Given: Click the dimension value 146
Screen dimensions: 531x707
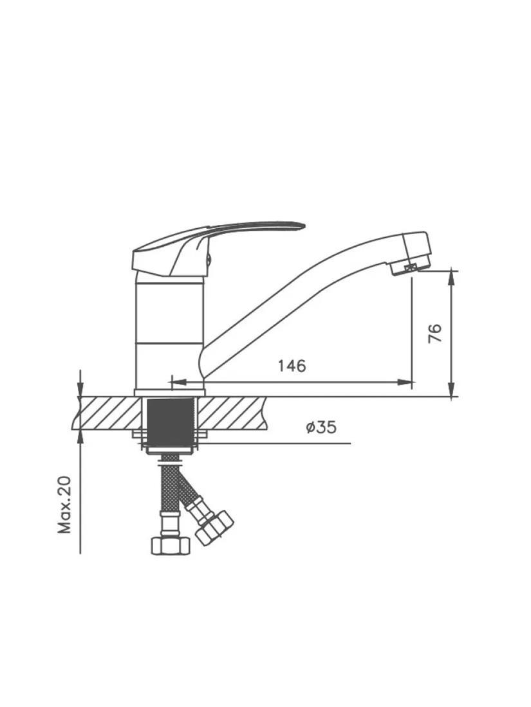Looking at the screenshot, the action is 291,366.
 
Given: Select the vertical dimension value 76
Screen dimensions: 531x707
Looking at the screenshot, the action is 435,334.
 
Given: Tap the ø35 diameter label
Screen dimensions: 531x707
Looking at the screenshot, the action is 321,427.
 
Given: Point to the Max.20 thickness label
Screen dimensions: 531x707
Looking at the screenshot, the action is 64,505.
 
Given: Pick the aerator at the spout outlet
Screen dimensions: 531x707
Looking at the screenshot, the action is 408,268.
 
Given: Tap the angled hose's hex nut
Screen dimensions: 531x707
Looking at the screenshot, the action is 214,528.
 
